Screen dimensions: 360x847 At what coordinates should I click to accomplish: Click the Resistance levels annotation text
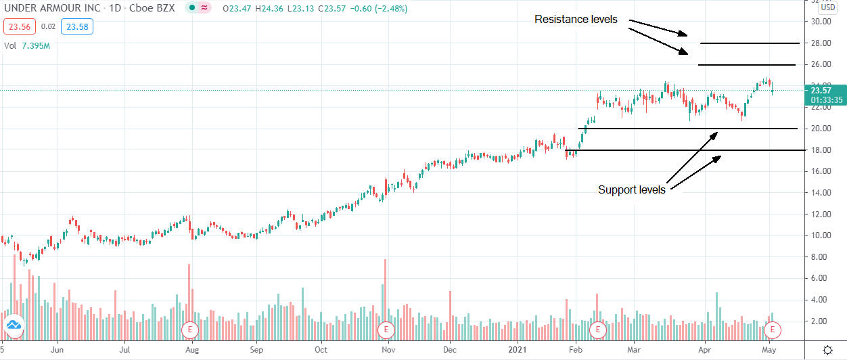[576, 20]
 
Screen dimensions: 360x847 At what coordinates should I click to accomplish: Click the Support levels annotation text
[631, 190]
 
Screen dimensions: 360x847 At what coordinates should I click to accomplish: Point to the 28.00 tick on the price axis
[819, 43]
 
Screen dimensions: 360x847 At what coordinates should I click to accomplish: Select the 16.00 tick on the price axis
[819, 171]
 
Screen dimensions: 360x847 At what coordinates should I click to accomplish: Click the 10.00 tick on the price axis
[819, 235]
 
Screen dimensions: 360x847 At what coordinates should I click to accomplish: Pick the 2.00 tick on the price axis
[819, 321]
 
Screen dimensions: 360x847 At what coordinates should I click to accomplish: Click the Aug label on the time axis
[191, 351]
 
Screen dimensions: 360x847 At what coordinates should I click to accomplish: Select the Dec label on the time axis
[450, 351]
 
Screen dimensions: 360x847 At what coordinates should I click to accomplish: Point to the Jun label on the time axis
[58, 351]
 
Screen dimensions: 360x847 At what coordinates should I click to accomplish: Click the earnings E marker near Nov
[386, 330]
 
